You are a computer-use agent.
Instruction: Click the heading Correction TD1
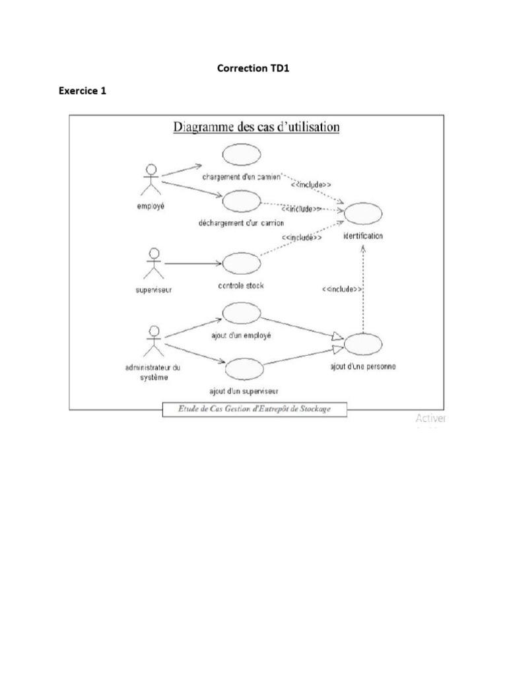(x=253, y=68)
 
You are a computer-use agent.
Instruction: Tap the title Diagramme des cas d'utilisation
(x=256, y=127)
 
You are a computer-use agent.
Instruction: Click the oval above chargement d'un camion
(x=242, y=154)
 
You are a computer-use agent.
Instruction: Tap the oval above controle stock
(x=240, y=263)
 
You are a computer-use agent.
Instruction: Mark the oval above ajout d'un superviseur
(x=245, y=368)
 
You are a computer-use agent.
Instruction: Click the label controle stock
(x=240, y=286)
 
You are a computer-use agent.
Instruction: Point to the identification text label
(x=362, y=236)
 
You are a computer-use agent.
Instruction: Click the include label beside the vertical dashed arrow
(x=341, y=289)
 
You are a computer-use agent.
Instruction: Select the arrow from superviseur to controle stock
(x=193, y=263)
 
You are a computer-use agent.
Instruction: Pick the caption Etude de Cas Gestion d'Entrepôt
(x=254, y=409)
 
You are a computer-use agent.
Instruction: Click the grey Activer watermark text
(x=430, y=418)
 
